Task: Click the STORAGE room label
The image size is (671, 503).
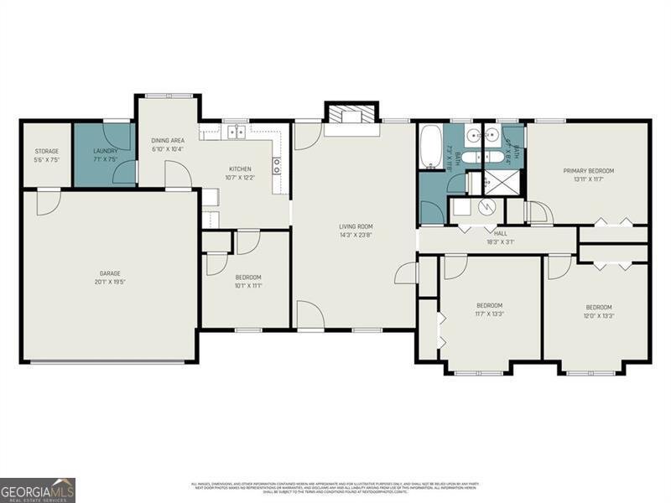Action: (46, 151)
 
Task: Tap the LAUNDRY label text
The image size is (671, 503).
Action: (105, 151)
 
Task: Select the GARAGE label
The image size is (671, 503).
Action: (110, 272)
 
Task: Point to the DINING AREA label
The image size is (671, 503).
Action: (168, 140)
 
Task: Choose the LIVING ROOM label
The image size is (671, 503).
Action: (356, 226)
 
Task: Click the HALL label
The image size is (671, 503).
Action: (501, 233)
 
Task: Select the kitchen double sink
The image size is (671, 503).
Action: (237, 132)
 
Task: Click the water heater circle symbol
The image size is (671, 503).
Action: (486, 206)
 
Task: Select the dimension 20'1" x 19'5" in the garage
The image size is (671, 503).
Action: (110, 283)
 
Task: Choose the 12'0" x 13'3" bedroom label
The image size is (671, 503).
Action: (598, 316)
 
